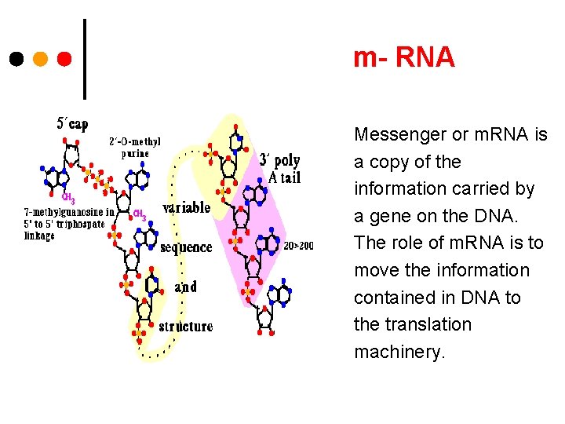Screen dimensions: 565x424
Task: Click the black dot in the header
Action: (x=16, y=59)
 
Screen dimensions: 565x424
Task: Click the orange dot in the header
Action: (x=40, y=59)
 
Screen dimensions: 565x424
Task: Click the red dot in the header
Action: (x=64, y=59)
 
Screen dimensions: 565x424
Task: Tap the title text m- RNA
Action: (x=403, y=57)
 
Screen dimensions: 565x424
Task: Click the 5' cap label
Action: (x=73, y=123)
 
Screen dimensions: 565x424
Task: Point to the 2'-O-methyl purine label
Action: (x=135, y=148)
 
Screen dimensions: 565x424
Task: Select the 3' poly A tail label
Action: (x=279, y=169)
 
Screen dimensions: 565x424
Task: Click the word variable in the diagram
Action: (x=187, y=208)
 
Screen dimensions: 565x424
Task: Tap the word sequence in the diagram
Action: (x=186, y=248)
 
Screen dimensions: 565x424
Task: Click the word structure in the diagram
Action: (x=186, y=326)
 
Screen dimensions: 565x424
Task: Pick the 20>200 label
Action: (x=298, y=246)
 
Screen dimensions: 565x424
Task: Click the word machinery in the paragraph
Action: (x=399, y=352)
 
